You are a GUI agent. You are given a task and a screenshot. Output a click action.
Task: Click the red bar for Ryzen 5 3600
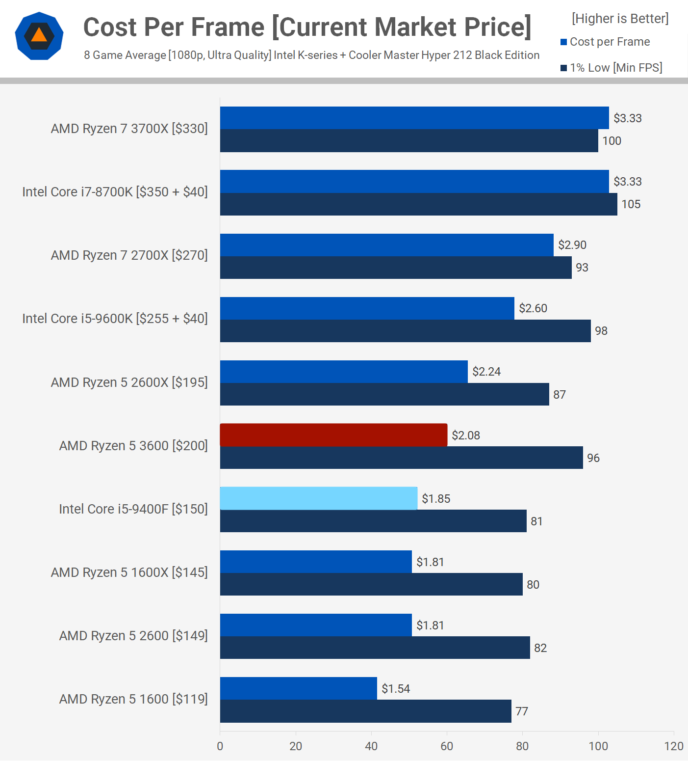[x=333, y=435]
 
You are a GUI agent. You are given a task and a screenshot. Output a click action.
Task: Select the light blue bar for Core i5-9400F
[x=319, y=498]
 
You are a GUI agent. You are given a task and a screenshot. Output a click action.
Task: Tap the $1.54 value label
[x=396, y=689]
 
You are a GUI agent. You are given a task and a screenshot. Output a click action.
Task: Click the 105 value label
[x=631, y=204]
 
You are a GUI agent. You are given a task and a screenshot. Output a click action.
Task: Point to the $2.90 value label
[x=572, y=245]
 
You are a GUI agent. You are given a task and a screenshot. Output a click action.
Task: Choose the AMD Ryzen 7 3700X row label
[x=129, y=129]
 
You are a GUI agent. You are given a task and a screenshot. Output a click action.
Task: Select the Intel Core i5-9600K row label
[x=115, y=319]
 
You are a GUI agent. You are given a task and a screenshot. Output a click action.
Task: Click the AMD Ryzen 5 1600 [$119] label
[x=133, y=699]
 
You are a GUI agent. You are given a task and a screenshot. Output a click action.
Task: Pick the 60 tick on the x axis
[x=447, y=746]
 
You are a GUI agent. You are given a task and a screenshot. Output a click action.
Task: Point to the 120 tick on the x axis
[x=674, y=746]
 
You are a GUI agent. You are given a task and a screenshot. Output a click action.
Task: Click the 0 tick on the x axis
[x=220, y=746]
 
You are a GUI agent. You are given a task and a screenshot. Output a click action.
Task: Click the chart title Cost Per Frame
[x=307, y=27]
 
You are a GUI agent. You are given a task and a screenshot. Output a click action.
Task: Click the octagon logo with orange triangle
[x=39, y=36]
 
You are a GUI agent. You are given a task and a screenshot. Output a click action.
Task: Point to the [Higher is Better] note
[x=620, y=19]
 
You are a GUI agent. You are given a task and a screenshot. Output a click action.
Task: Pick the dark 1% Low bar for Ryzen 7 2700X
[x=396, y=268]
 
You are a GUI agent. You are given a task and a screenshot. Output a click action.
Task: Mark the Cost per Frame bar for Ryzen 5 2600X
[x=344, y=372]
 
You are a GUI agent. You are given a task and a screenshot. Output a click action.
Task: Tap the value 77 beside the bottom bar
[x=522, y=711]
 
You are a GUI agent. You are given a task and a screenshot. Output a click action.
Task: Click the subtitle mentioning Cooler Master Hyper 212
[x=311, y=55]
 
